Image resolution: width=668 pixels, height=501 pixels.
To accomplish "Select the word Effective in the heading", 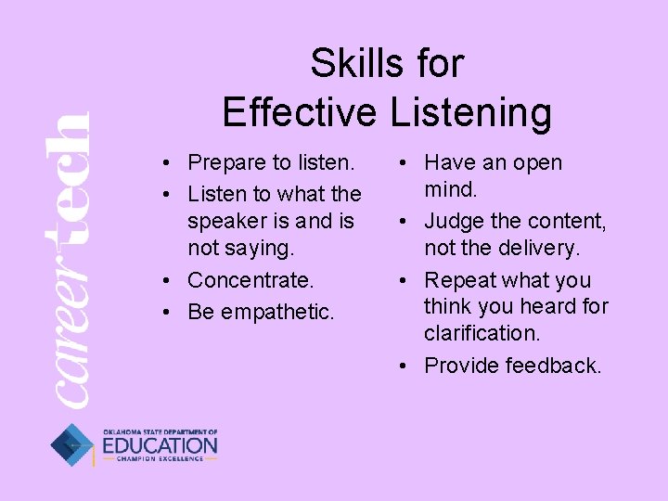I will click(x=299, y=112).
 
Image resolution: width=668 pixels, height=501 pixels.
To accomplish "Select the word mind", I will click(x=451, y=190).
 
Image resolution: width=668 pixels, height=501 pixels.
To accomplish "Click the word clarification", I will click(x=481, y=333).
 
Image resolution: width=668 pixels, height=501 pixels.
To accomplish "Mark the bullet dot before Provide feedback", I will click(x=405, y=366).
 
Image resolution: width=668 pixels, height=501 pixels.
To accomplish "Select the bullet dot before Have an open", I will click(x=405, y=163).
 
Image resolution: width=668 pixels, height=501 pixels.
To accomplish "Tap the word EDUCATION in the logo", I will click(x=160, y=446).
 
